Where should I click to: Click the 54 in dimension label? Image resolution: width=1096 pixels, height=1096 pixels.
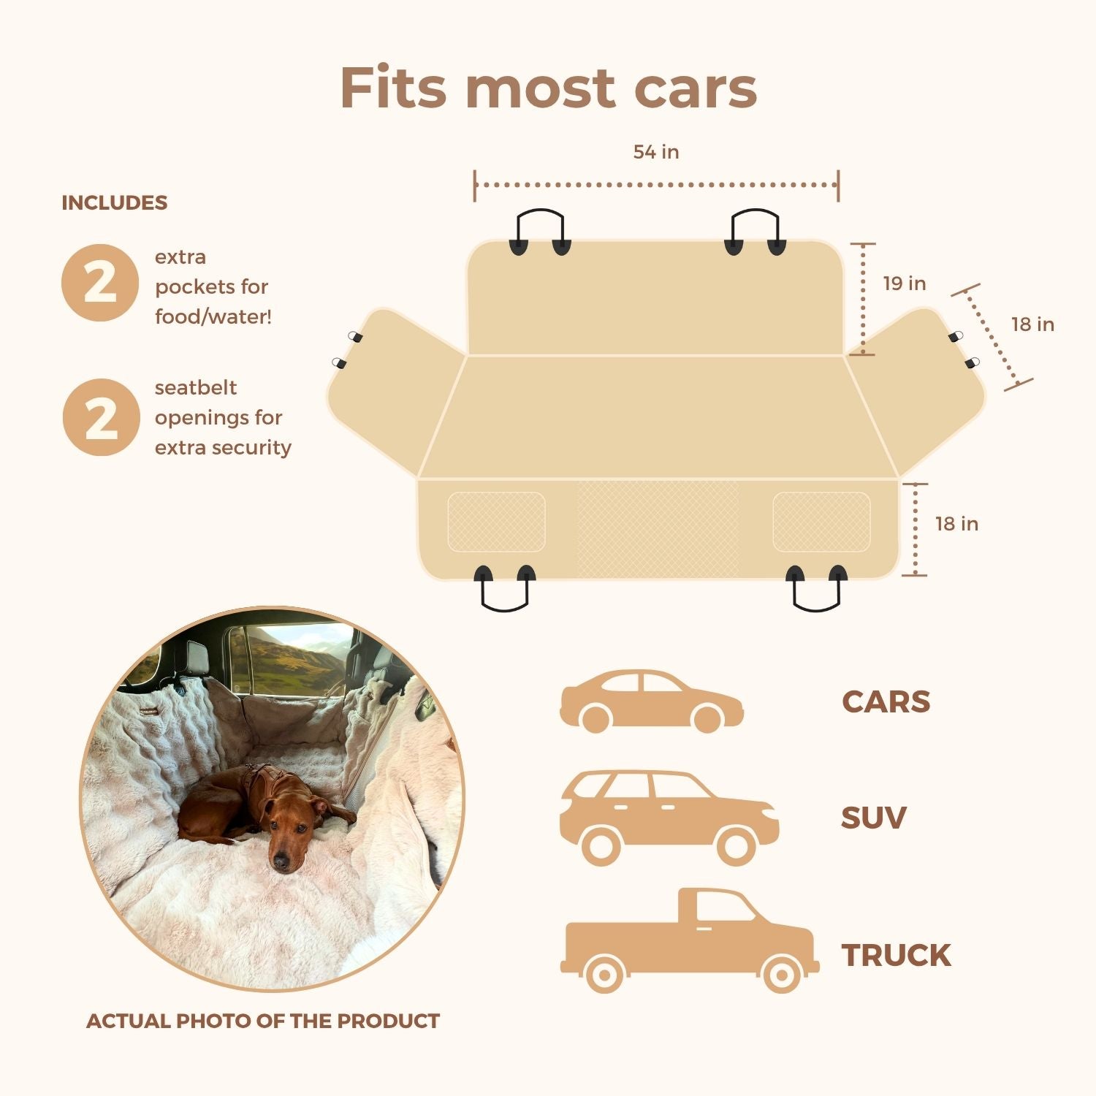[656, 152]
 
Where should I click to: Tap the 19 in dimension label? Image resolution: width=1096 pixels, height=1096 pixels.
[905, 283]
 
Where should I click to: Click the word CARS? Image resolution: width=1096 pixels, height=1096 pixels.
[886, 702]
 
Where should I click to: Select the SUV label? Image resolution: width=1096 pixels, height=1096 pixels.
[874, 818]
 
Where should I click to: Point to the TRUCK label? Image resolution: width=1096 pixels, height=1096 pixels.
[897, 955]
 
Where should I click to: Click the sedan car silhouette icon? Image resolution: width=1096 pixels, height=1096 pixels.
[652, 701]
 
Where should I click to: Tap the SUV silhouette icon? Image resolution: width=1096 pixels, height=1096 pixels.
[669, 818]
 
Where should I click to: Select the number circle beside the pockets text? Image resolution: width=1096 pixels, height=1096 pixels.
[100, 283]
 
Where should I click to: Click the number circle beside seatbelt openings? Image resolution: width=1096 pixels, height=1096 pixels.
[101, 417]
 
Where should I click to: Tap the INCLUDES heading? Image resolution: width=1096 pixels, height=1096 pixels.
[115, 203]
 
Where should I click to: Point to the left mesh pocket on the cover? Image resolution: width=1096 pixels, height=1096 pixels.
[496, 522]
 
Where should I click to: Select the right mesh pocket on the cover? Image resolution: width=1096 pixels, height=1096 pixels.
[822, 522]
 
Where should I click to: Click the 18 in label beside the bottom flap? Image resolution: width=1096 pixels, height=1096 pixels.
[957, 524]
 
